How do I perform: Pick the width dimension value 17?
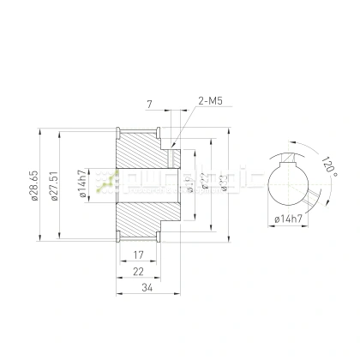137,255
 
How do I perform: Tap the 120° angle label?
328,162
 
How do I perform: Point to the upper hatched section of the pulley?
141,151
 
